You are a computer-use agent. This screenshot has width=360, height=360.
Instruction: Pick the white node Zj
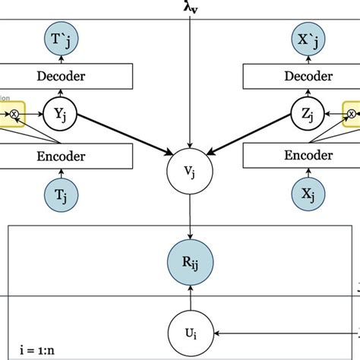click(x=302, y=115)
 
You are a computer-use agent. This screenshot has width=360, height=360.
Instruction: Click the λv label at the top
click(x=191, y=7)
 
